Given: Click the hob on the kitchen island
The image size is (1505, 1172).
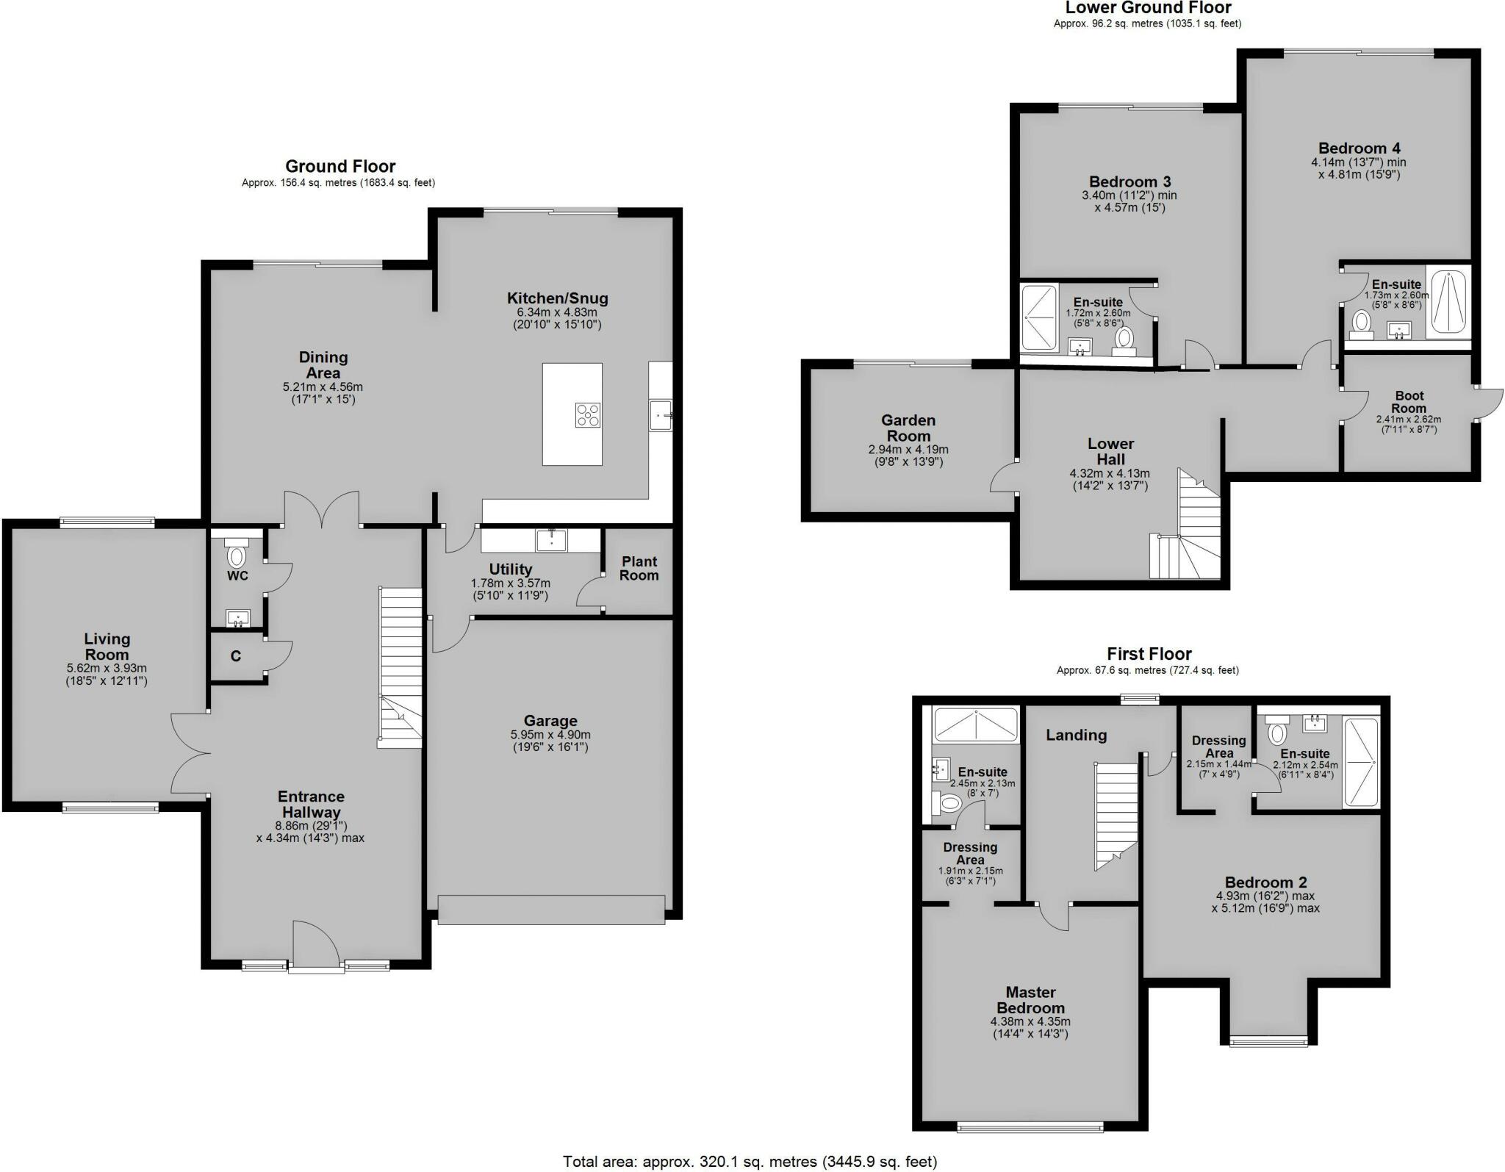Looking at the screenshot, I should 587,415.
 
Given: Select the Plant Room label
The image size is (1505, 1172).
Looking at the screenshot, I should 639,568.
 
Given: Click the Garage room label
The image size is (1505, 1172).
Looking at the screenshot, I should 550,721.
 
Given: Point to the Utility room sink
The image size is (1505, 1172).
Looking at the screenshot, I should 551,540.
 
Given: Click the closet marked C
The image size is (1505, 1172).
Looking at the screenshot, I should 236,656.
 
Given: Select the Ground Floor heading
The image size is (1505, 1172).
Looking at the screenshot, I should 340,166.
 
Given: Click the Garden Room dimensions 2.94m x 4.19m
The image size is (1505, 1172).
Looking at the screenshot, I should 908,449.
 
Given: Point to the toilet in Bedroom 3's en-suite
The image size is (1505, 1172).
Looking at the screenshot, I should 1124,339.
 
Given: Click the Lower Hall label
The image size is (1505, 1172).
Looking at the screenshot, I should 1110,451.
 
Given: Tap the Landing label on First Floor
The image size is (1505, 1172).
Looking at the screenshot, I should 1076,735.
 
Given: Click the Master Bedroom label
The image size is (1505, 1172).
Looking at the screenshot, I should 1030,1000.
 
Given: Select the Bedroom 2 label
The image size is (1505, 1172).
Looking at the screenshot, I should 1265,882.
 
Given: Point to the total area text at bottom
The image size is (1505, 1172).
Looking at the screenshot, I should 750,1162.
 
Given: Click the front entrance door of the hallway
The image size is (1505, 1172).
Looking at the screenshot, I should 316,948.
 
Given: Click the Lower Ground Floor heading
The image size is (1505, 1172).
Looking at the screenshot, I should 1148,8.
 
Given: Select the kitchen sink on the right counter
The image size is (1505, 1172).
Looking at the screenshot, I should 660,415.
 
